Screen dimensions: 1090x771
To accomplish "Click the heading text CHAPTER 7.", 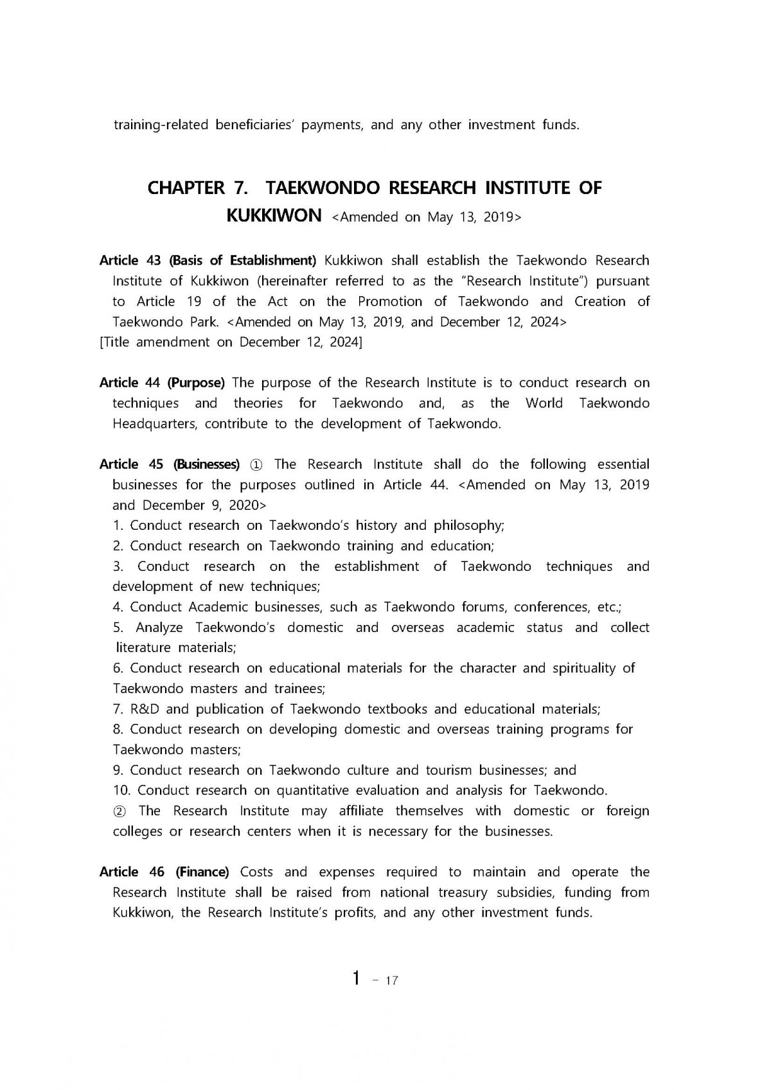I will tap(186, 188).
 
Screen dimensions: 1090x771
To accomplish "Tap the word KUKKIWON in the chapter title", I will tap(274, 215).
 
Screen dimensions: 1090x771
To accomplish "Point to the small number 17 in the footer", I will tap(391, 981).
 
